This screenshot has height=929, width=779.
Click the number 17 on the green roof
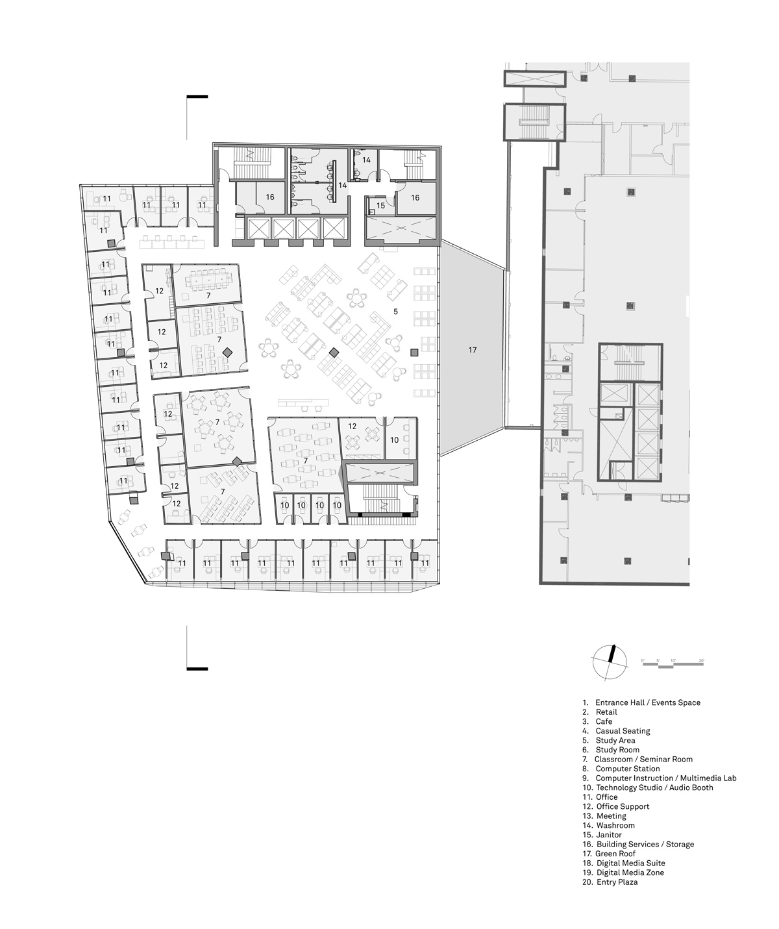click(473, 350)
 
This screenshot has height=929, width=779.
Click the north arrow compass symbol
click(610, 662)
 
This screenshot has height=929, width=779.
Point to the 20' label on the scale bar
click(701, 660)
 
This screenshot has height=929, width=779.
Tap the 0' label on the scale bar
click(643, 660)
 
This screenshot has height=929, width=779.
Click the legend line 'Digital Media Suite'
click(630, 863)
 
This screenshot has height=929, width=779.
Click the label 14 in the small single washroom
click(366, 160)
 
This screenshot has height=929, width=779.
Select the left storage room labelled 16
click(269, 197)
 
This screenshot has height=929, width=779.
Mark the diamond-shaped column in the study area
click(334, 353)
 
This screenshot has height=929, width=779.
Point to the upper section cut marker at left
click(197, 97)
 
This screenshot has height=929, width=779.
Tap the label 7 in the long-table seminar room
click(208, 295)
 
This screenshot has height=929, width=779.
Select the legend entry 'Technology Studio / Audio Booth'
click(654, 787)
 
